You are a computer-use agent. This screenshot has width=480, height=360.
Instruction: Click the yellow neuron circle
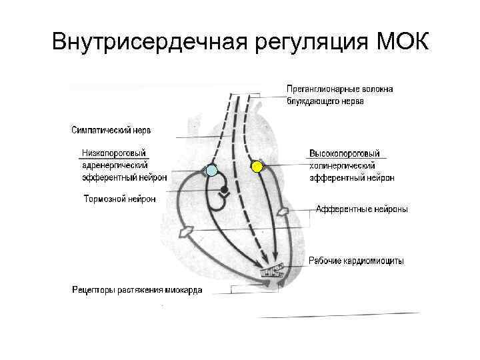pyautogui.click(x=257, y=166)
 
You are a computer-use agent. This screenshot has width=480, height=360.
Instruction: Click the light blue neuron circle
pyautogui.click(x=211, y=171)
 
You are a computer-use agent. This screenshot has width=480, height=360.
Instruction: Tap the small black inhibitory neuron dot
pyautogui.click(x=225, y=191)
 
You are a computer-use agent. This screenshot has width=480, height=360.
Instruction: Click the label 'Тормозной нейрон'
pyautogui.click(x=120, y=199)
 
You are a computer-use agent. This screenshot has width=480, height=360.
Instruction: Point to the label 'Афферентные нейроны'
pyautogui.click(x=361, y=209)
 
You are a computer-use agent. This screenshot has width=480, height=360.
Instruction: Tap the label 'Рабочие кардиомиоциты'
pyautogui.click(x=356, y=261)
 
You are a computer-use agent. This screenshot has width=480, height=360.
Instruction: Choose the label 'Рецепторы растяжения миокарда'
pyautogui.click(x=137, y=290)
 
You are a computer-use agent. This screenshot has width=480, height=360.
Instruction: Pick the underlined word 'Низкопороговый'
pyautogui.click(x=114, y=153)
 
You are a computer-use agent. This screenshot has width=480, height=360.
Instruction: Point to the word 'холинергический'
pyautogui.click(x=342, y=165)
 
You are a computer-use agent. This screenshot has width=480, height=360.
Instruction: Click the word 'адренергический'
pyautogui.click(x=115, y=165)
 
